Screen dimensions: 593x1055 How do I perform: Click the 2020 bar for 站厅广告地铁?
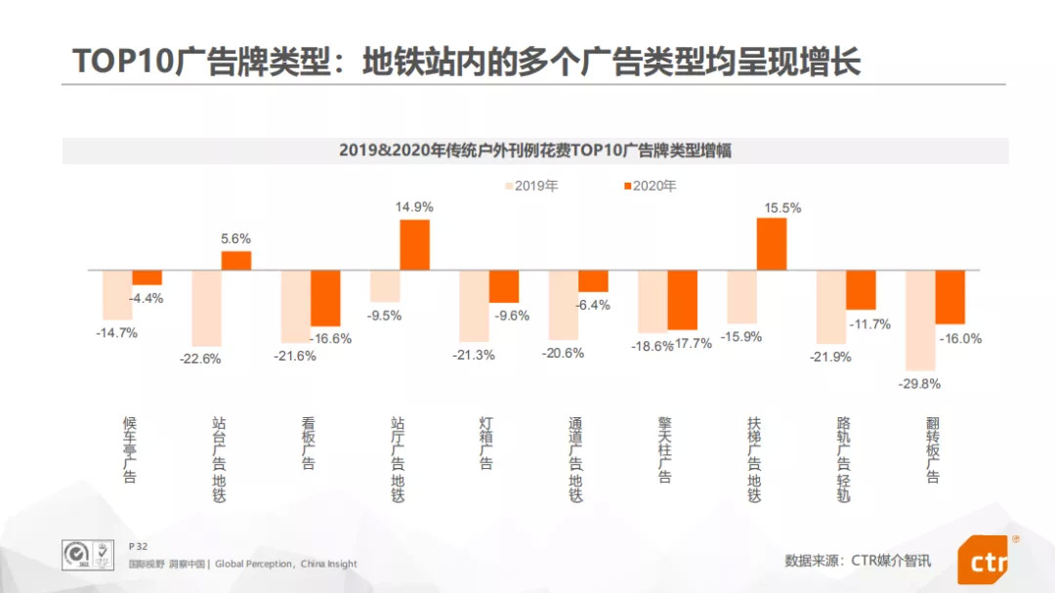(414, 245)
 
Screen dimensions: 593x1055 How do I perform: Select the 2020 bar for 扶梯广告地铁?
(772, 244)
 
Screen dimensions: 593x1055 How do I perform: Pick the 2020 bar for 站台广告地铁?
(236, 261)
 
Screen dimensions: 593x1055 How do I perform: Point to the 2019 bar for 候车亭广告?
(117, 294)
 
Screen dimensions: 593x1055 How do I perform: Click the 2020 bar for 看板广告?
(325, 298)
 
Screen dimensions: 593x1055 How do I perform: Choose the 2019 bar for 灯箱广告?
(474, 306)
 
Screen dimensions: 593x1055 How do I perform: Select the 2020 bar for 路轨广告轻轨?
(861, 289)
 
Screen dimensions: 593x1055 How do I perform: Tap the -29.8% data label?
(919, 383)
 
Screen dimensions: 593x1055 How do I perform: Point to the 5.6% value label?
(235, 238)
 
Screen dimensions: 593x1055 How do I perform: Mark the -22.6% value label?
(200, 359)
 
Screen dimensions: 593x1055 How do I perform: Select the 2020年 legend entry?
(649, 186)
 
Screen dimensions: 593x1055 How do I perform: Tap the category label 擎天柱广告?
(665, 450)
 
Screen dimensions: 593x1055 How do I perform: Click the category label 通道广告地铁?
(576, 459)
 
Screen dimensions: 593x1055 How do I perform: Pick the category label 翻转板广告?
(933, 450)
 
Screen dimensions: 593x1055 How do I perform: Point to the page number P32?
(138, 546)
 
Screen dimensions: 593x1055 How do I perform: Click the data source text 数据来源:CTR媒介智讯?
(858, 561)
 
